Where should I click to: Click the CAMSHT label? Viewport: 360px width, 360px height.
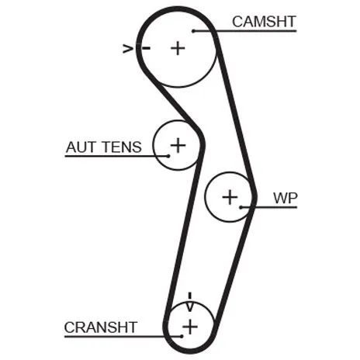click(x=264, y=22)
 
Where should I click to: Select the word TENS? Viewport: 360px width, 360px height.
click(x=123, y=147)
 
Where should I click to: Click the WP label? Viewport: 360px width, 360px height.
click(x=286, y=198)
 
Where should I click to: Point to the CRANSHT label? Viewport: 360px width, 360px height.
click(x=101, y=327)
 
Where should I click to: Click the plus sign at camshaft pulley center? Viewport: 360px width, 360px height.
click(x=178, y=48)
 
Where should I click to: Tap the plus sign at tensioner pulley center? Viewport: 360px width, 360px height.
click(x=178, y=145)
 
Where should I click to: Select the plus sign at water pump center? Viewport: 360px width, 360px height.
click(x=230, y=197)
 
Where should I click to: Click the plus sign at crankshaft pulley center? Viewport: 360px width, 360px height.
click(x=190, y=327)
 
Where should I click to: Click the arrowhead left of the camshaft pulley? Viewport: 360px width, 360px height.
click(x=128, y=48)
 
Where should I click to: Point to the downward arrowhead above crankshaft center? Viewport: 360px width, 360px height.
click(x=190, y=306)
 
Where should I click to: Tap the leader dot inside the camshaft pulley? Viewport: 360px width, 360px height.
click(x=193, y=31)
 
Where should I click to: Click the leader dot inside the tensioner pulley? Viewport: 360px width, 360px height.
click(x=168, y=156)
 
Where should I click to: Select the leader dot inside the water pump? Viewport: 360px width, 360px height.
click(x=241, y=207)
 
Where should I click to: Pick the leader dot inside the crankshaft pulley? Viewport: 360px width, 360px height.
click(x=182, y=336)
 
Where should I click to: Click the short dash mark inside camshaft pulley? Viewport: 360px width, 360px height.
click(x=146, y=48)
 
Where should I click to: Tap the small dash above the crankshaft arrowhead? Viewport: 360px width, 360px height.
click(x=190, y=296)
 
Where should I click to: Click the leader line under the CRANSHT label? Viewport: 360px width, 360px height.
click(x=123, y=337)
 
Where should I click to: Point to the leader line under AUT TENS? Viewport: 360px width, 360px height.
click(x=116, y=156)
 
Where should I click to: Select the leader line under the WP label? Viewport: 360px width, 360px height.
click(x=268, y=207)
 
